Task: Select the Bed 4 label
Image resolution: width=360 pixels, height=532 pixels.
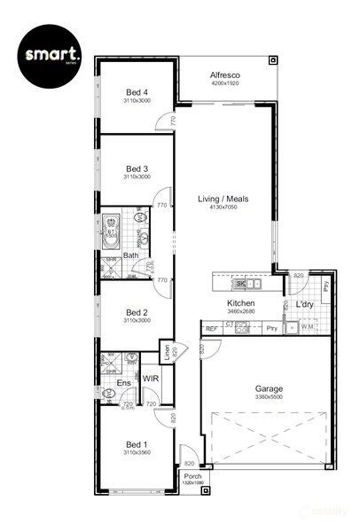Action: pos(137,92)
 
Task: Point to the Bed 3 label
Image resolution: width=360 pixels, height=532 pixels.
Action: pos(137,168)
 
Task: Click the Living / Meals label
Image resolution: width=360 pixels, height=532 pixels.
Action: pos(223,199)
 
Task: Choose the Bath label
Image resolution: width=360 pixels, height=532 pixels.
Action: pos(130,256)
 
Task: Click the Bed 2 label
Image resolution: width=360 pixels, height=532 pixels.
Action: pos(137,312)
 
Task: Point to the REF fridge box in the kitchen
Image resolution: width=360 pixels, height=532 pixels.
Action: pos(212,329)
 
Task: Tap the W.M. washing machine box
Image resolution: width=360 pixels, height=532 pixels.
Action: pos(309,328)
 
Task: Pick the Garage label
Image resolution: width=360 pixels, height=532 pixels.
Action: pos(269,388)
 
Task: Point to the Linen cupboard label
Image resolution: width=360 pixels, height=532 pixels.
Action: pos(166,351)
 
